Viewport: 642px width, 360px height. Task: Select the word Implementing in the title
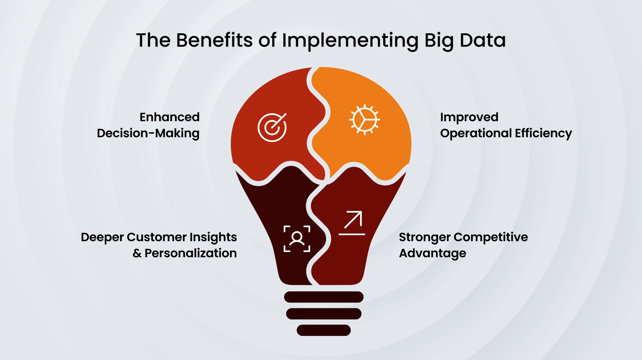pyautogui.click(x=350, y=41)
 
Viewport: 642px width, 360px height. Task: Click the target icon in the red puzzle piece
pyautogui.click(x=272, y=128)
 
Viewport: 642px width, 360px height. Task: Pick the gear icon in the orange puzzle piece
pyautogui.click(x=364, y=120)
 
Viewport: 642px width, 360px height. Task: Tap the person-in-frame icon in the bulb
pyautogui.click(x=297, y=239)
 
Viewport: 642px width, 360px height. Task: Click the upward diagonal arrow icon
pyautogui.click(x=352, y=222)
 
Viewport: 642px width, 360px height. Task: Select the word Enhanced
pyautogui.click(x=169, y=117)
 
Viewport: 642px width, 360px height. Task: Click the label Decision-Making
pyautogui.click(x=148, y=133)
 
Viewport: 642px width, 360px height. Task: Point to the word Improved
pyautogui.click(x=469, y=117)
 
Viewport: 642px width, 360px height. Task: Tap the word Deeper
pyautogui.click(x=102, y=237)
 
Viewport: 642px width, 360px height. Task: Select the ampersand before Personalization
pyautogui.click(x=137, y=253)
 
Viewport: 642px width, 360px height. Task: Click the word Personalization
pyautogui.click(x=191, y=253)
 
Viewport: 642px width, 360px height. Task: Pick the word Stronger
pyautogui.click(x=425, y=237)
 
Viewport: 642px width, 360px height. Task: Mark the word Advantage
pyautogui.click(x=433, y=253)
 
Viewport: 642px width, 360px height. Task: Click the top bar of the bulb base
pyautogui.click(x=323, y=297)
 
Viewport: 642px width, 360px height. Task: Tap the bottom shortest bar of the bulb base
pyautogui.click(x=323, y=330)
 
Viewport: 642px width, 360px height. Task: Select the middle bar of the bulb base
pyautogui.click(x=323, y=314)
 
